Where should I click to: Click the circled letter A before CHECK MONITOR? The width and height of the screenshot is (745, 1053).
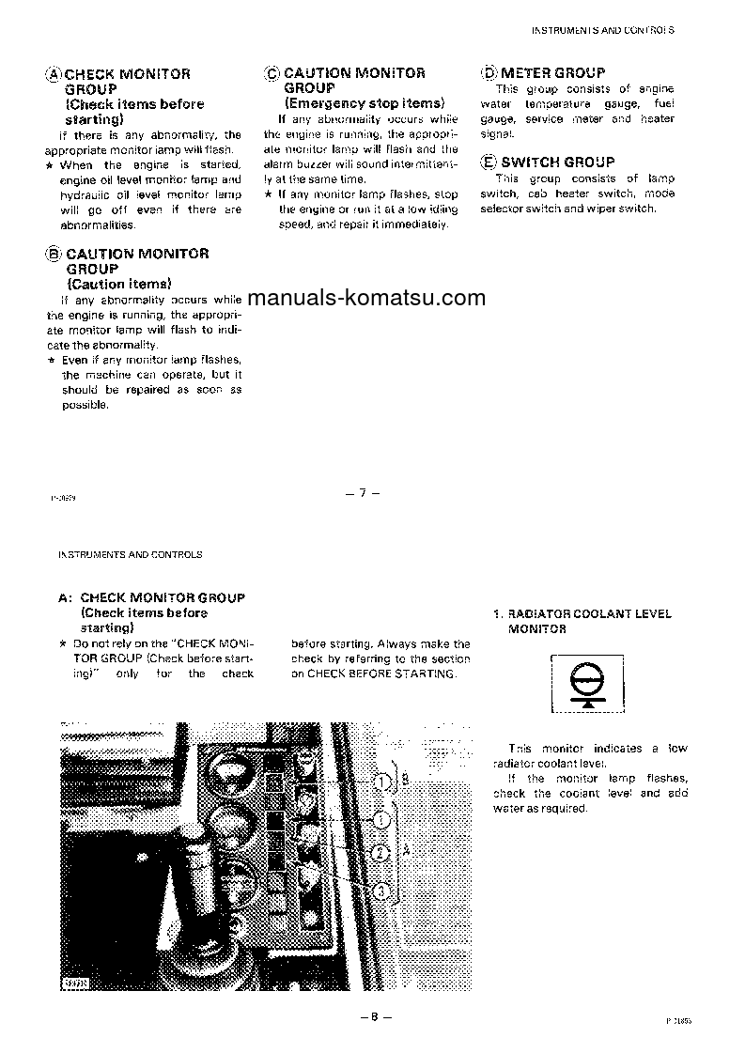pos(54,74)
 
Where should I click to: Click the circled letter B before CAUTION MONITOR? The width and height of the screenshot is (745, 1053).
pos(54,254)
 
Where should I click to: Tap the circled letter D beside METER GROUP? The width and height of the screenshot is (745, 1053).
pos(489,73)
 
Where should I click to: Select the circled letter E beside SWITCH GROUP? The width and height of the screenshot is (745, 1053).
pos(489,163)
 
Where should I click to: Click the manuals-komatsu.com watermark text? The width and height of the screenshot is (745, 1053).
pos(367,299)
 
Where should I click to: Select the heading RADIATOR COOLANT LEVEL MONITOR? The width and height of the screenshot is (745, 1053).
pos(582,621)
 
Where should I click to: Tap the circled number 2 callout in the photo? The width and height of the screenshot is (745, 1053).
pos(380,853)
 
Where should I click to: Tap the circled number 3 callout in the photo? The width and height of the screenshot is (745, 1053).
pos(380,890)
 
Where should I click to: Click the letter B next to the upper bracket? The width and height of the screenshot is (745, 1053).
pos(405,779)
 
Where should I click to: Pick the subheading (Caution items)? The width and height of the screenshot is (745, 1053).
pos(118,283)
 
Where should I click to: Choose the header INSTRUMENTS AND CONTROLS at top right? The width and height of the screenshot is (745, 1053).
pos(603,29)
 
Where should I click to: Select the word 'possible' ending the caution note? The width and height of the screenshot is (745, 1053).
pos(85,405)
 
